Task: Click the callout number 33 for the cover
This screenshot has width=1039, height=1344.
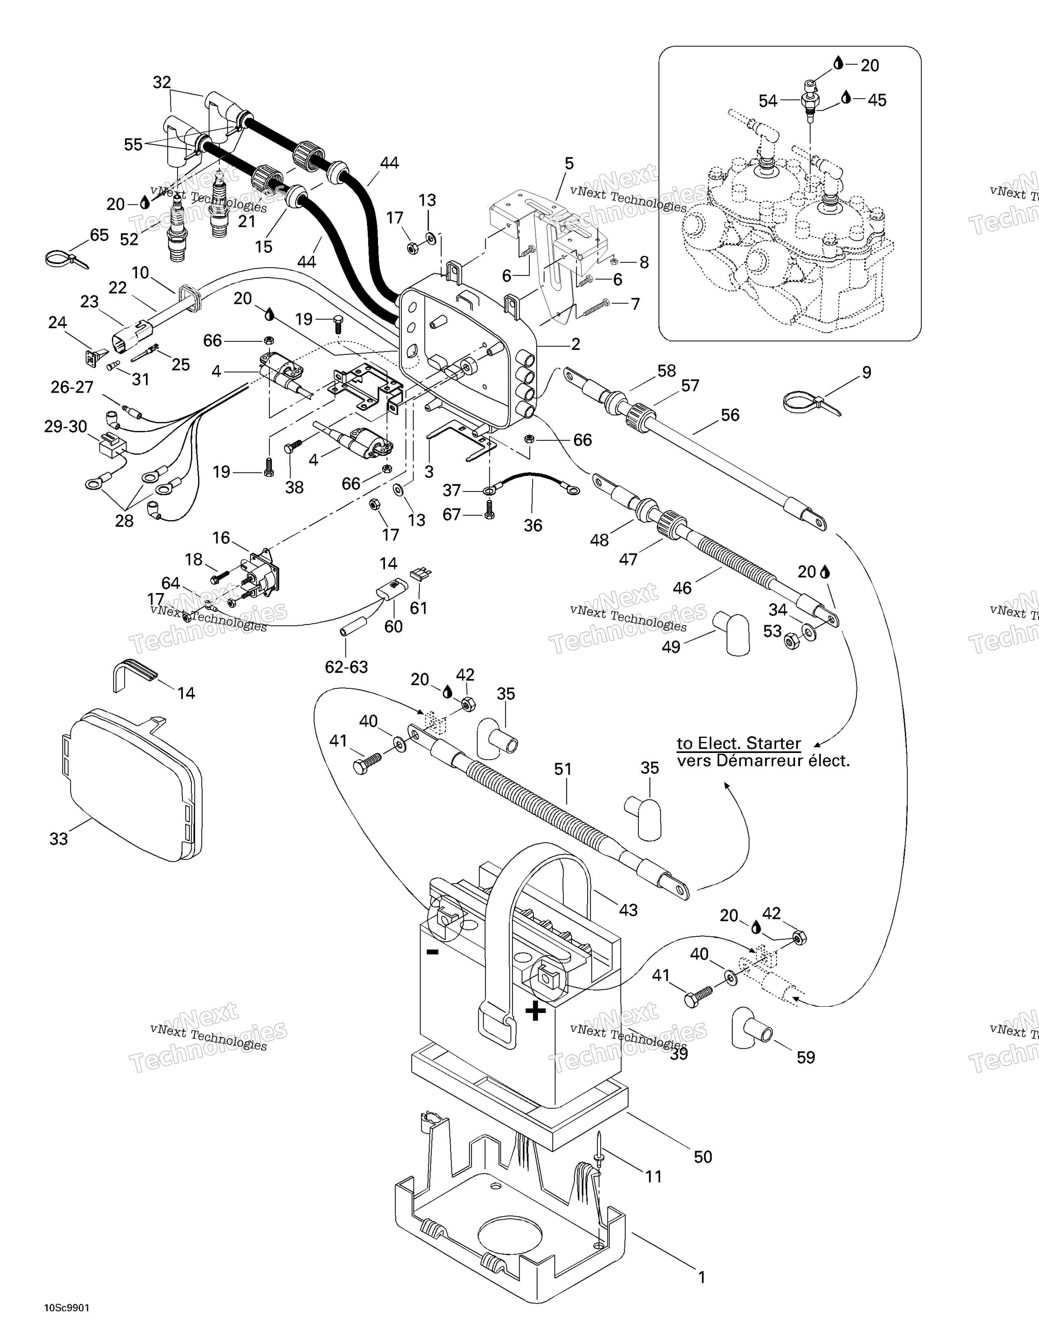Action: pyautogui.click(x=59, y=838)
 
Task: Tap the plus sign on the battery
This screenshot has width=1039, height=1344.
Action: pyautogui.click(x=535, y=1011)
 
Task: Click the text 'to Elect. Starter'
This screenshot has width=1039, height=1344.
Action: pyautogui.click(x=739, y=743)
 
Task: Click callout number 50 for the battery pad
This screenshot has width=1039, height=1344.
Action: pyautogui.click(x=703, y=1157)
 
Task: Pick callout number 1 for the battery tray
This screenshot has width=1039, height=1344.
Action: pyautogui.click(x=701, y=1277)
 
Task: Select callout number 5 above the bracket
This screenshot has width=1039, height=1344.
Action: pyautogui.click(x=569, y=164)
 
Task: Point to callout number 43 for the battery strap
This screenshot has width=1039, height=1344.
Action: pyautogui.click(x=628, y=909)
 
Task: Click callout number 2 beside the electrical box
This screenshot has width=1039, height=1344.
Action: pyautogui.click(x=575, y=344)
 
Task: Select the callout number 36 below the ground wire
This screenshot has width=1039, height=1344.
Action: pyautogui.click(x=533, y=525)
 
